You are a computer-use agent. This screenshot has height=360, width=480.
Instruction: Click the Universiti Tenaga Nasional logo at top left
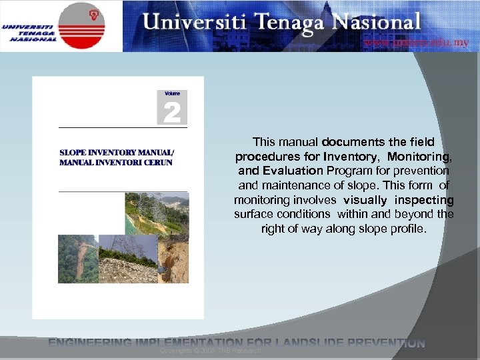tap(61, 26)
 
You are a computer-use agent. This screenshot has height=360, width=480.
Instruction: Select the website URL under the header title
tap(416, 42)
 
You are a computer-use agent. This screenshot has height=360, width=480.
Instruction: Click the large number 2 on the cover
tap(171, 112)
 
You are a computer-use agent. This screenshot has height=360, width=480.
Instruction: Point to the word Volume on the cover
tap(172, 94)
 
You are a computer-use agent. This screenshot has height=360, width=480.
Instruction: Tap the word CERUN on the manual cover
tap(157, 163)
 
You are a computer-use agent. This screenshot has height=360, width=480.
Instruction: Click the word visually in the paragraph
tap(365, 200)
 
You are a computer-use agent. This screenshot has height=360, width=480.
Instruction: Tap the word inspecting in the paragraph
tap(424, 200)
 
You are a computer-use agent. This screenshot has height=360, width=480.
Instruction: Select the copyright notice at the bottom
tap(211, 350)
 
